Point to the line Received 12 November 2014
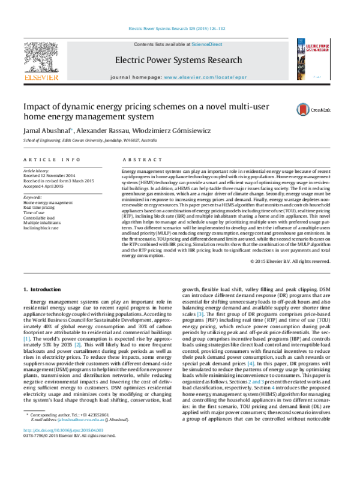[x=49, y=175]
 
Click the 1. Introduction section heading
[x=46, y=290]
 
